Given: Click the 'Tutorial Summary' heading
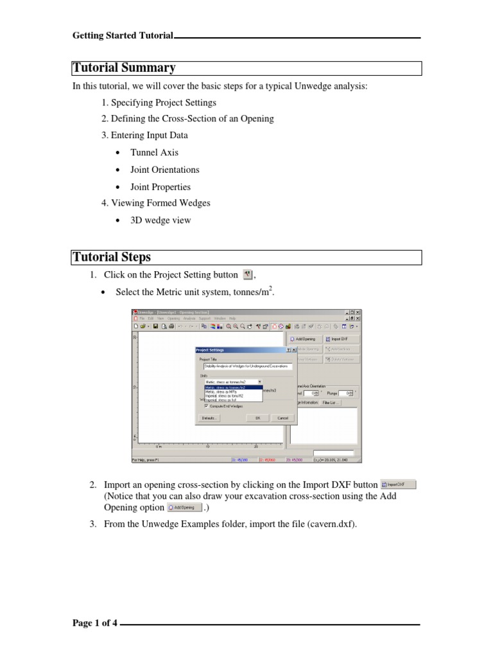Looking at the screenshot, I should (124, 68).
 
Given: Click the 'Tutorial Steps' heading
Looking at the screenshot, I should (112, 257).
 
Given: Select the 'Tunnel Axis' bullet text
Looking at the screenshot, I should (154, 153).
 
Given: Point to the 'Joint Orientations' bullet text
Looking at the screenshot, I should (164, 170).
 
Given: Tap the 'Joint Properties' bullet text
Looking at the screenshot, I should (161, 187).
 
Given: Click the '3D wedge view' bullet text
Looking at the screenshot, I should (160, 220).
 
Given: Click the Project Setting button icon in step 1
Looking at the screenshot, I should (248, 275).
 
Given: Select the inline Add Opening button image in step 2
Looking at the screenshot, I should (184, 507).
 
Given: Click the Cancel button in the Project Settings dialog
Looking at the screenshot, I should (282, 418).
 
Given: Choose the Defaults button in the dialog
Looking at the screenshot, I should (209, 418).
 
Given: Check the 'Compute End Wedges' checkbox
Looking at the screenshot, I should (206, 405).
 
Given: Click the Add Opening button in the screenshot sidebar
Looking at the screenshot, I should (305, 339).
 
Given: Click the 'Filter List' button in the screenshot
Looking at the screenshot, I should (331, 403).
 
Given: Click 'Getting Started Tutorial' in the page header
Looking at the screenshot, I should (123, 36).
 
